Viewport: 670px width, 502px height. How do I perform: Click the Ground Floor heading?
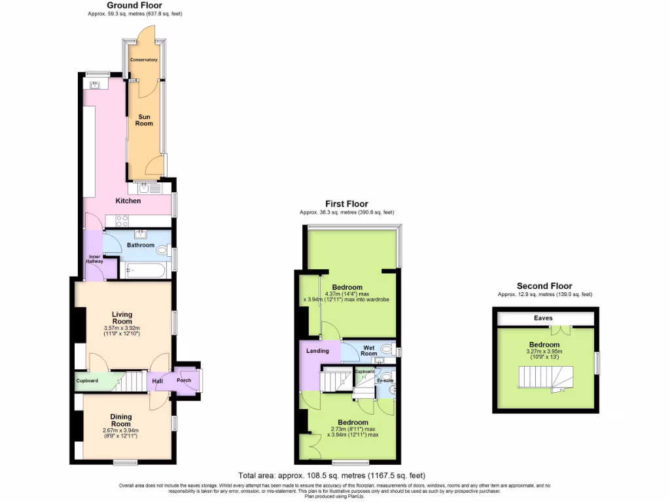tap(134, 5)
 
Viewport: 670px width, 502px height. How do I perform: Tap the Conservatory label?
tap(143, 59)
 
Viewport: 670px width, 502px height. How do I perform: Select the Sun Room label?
tap(144, 120)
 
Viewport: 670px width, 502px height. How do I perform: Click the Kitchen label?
tap(128, 201)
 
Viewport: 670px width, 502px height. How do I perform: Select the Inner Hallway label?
tap(94, 259)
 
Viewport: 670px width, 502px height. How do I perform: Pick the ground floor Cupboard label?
tap(87, 380)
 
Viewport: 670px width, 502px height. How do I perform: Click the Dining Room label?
tap(121, 420)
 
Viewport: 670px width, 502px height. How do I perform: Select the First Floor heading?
tap(347, 204)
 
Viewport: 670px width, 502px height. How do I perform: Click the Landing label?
tap(317, 351)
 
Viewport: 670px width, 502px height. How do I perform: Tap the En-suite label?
tap(385, 380)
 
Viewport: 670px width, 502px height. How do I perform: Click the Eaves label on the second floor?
tap(543, 318)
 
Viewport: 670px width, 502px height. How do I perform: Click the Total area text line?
tap(334, 476)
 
